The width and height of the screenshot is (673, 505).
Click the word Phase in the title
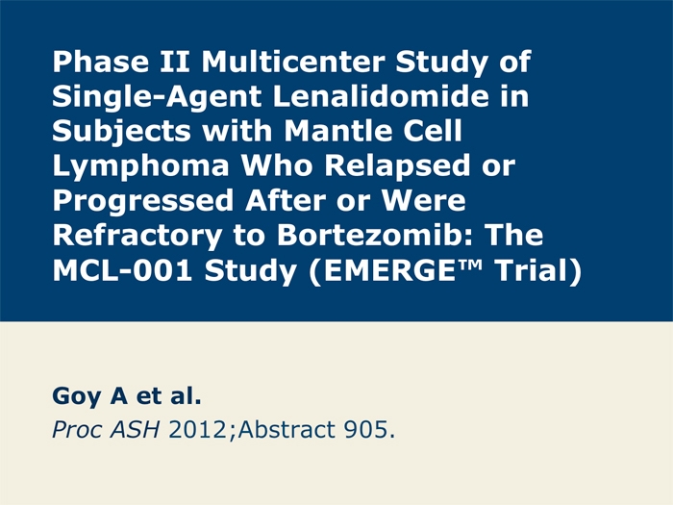pyautogui.click(x=100, y=62)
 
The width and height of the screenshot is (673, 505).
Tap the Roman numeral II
pyautogui.click(x=175, y=62)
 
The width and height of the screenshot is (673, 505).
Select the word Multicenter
pyautogui.click(x=292, y=62)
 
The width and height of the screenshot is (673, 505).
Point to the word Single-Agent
pyautogui.click(x=157, y=97)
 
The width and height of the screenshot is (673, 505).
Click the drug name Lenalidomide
pyautogui.click(x=381, y=96)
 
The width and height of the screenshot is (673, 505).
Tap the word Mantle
pyautogui.click(x=338, y=131)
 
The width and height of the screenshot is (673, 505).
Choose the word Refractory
pyautogui.click(x=137, y=237)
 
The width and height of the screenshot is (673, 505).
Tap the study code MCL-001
pyautogui.click(x=122, y=271)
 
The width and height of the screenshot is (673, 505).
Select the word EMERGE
pyautogui.click(x=389, y=271)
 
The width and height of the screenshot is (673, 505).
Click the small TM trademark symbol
pyautogui.click(x=469, y=265)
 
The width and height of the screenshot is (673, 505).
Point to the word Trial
pyautogui.click(x=532, y=271)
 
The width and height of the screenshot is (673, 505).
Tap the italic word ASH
pyautogui.click(x=135, y=429)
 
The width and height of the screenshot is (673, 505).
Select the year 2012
pyautogui.click(x=197, y=429)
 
